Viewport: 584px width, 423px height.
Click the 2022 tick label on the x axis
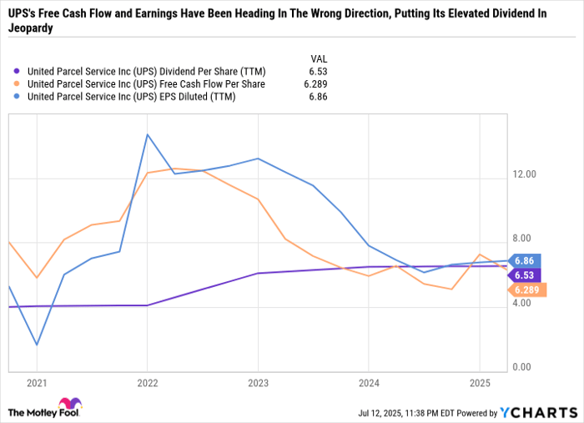pos(147,383)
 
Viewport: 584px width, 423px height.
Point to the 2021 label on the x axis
pos(37,383)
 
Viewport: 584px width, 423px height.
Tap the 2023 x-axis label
pos(258,383)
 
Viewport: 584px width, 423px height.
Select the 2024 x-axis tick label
pos(368,383)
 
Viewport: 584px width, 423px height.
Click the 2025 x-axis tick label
pos(479,383)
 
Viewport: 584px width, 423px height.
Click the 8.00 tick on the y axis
pos(523,239)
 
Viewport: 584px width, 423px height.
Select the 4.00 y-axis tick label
pos(523,304)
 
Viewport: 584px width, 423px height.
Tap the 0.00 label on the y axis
pos(523,368)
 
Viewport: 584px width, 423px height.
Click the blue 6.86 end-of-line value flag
pos(525,260)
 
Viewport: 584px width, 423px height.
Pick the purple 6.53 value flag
pos(525,274)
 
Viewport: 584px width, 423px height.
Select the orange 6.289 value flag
pos(526,290)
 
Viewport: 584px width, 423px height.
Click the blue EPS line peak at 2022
pos(148,134)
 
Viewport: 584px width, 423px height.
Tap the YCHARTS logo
pos(537,412)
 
